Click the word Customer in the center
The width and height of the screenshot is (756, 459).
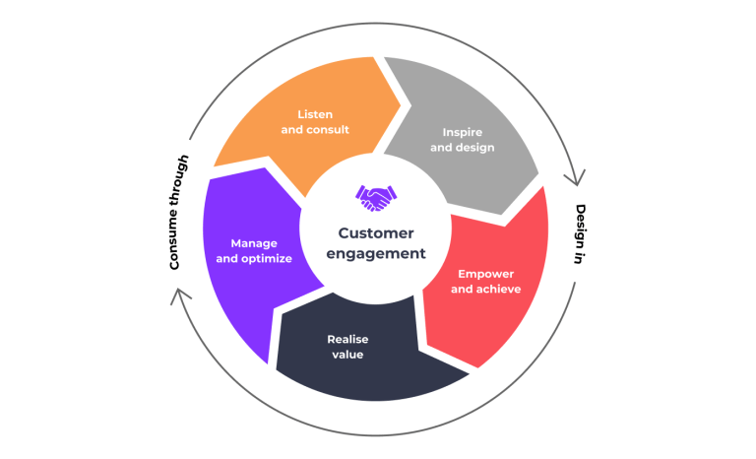click(376, 233)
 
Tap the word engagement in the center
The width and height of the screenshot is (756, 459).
click(376, 253)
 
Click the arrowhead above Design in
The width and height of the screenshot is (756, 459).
click(574, 177)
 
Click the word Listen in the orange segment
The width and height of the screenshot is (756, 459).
click(315, 114)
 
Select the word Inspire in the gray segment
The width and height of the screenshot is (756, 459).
click(461, 132)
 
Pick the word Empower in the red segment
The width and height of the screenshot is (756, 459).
click(485, 274)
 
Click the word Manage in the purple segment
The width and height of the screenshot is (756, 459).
click(254, 243)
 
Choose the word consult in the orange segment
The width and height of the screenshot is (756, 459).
click(328, 129)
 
